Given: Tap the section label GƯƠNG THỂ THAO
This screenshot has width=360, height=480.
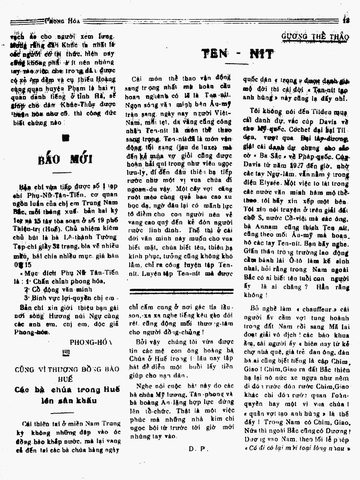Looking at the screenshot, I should point(314,37).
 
